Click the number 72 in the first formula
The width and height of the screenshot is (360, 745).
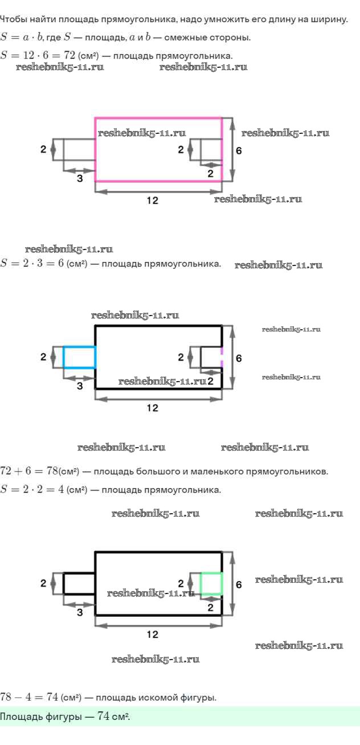point(70,55)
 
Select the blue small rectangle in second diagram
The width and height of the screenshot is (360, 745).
point(79,357)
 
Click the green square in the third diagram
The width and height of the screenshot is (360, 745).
point(211,583)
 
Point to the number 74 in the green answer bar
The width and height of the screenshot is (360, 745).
point(104,716)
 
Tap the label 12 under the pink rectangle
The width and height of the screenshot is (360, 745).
point(152,200)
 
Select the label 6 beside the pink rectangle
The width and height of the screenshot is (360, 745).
point(239,150)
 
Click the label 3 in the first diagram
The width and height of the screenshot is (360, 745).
point(79,178)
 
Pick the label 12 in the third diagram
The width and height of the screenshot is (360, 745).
point(152,635)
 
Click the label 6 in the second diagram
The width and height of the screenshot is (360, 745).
point(239,358)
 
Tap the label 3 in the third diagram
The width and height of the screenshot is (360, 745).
point(79,612)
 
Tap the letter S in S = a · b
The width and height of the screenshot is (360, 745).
point(5,38)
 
